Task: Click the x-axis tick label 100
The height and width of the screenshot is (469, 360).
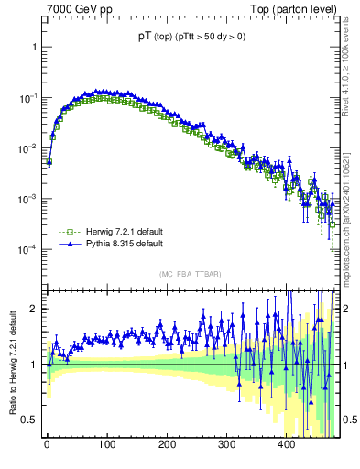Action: (x=107, y=444)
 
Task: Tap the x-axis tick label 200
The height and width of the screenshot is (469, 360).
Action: (x=167, y=444)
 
